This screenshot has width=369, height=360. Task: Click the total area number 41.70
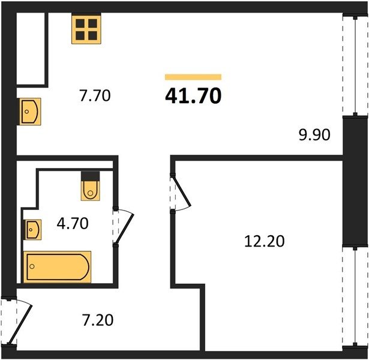pos(193,96)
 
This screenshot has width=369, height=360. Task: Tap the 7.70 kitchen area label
pos(95,96)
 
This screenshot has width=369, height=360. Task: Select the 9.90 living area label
pos(314,135)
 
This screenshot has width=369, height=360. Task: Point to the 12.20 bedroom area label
pos(264,241)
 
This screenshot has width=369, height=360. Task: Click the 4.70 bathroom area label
pos(73,223)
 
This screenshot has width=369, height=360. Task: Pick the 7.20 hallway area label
pos(98,320)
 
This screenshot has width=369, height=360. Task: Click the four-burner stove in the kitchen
pos(86,29)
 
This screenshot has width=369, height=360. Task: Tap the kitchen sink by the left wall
pos(30,111)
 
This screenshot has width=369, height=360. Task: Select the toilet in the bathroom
pos(90,191)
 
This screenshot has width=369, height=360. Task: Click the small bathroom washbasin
pos(33,230)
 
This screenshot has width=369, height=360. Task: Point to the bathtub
pos(57,267)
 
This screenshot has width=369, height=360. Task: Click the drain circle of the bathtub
pos(32,266)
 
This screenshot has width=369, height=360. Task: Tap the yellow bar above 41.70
pos(193,77)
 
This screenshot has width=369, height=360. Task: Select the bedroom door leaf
pos(181,191)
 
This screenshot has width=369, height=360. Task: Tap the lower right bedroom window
pos(355,296)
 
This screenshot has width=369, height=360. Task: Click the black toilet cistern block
pos(90,176)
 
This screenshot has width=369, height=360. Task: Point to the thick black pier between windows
pos(355,181)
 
